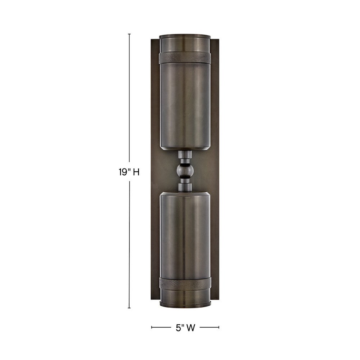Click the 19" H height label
click(129, 172)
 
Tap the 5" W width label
click(185, 328)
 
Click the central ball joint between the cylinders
click(185, 171)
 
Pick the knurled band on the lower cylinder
click(185, 283)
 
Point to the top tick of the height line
click(129, 34)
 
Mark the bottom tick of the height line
click(129, 308)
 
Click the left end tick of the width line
click(152, 327)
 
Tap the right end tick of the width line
click(219, 327)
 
